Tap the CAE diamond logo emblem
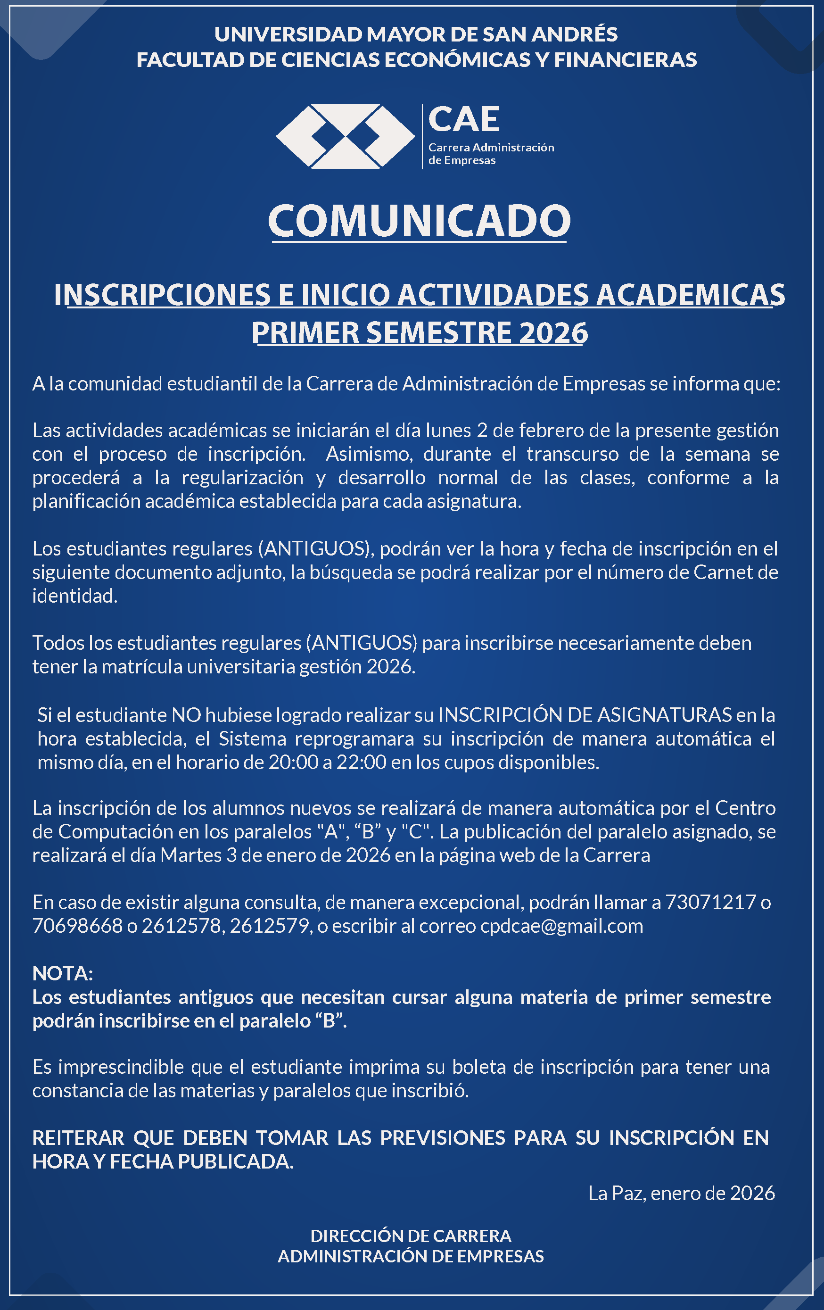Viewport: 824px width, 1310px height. pos(345,136)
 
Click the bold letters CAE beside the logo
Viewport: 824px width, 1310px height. pos(463,120)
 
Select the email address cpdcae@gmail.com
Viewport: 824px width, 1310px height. pos(561,926)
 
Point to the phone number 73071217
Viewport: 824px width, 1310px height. pos(711,902)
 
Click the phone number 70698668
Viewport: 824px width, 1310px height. pos(77,926)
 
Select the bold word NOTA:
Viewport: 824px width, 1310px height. pos(63,973)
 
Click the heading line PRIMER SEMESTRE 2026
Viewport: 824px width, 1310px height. pos(420,332)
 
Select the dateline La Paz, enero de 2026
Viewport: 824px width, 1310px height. pos(682,1193)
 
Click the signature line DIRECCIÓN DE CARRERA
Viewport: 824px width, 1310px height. pos(411,1235)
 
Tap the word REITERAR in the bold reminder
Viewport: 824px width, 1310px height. pos(78,1137)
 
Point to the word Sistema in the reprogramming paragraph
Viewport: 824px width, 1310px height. pos(252,739)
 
